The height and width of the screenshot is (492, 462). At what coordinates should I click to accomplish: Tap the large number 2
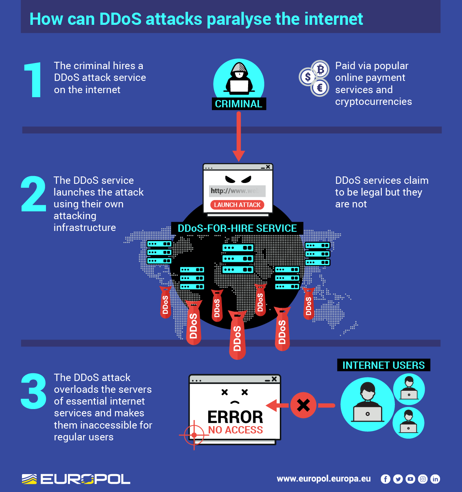click(33, 194)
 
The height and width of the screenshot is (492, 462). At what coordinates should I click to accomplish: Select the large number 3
click(33, 391)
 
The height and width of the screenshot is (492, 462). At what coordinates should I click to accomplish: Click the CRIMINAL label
click(238, 104)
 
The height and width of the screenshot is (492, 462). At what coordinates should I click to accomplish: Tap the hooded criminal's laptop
click(239, 86)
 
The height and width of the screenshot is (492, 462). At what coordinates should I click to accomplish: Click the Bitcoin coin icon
click(320, 69)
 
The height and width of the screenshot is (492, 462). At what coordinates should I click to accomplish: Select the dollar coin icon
click(308, 77)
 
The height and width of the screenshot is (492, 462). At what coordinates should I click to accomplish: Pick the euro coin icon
click(320, 87)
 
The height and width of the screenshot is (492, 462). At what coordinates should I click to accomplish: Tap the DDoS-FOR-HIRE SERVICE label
click(237, 228)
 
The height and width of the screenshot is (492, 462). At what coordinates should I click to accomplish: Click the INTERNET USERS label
click(383, 365)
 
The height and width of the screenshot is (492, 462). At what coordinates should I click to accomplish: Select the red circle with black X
click(303, 405)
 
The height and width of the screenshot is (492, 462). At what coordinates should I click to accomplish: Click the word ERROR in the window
click(235, 417)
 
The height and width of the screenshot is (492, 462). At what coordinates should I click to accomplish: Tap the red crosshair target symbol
click(194, 435)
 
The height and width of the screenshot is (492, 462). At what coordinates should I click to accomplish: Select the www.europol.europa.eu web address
click(324, 479)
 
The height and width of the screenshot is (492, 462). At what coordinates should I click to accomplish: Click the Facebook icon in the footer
click(385, 479)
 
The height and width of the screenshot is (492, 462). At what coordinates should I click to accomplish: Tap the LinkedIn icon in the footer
click(435, 479)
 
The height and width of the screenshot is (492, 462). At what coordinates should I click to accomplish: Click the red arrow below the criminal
click(239, 136)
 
